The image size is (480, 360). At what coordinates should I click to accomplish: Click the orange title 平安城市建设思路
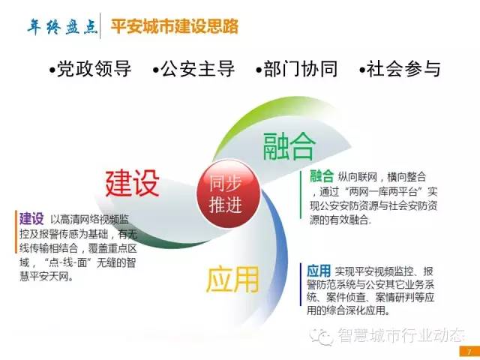pyautogui.click(x=175, y=26)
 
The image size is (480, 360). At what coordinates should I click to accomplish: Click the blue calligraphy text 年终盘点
pyautogui.click(x=63, y=27)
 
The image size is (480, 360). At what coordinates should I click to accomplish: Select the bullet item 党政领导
pyautogui.click(x=91, y=68)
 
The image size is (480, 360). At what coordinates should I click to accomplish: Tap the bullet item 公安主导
pyautogui.click(x=193, y=68)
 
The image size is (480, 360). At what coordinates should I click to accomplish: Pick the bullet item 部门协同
pyautogui.click(x=297, y=68)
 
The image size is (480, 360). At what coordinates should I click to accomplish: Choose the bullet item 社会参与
pyautogui.click(x=400, y=68)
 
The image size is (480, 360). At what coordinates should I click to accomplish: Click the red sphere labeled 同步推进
pyautogui.click(x=228, y=193)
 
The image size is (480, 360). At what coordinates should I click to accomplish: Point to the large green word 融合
pyautogui.click(x=289, y=146)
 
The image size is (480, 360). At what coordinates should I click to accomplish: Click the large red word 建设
pyautogui.click(x=133, y=183)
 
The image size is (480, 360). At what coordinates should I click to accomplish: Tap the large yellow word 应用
pyautogui.click(x=232, y=279)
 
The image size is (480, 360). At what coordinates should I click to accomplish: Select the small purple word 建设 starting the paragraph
pyautogui.click(x=31, y=219)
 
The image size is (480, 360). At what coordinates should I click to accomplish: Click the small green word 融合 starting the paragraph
pyautogui.click(x=322, y=176)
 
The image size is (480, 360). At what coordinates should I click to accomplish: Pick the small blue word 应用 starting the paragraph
pyautogui.click(x=319, y=271)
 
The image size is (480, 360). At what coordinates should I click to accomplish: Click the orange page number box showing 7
pyautogui.click(x=469, y=352)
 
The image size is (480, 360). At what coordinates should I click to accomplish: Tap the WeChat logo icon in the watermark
pyautogui.click(x=322, y=337)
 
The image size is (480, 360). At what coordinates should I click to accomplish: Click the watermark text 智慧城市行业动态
pyautogui.click(x=401, y=335)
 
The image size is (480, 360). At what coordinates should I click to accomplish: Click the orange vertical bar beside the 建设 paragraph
pyautogui.click(x=16, y=232)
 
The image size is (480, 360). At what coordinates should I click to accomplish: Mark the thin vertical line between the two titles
pyautogui.click(x=100, y=26)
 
